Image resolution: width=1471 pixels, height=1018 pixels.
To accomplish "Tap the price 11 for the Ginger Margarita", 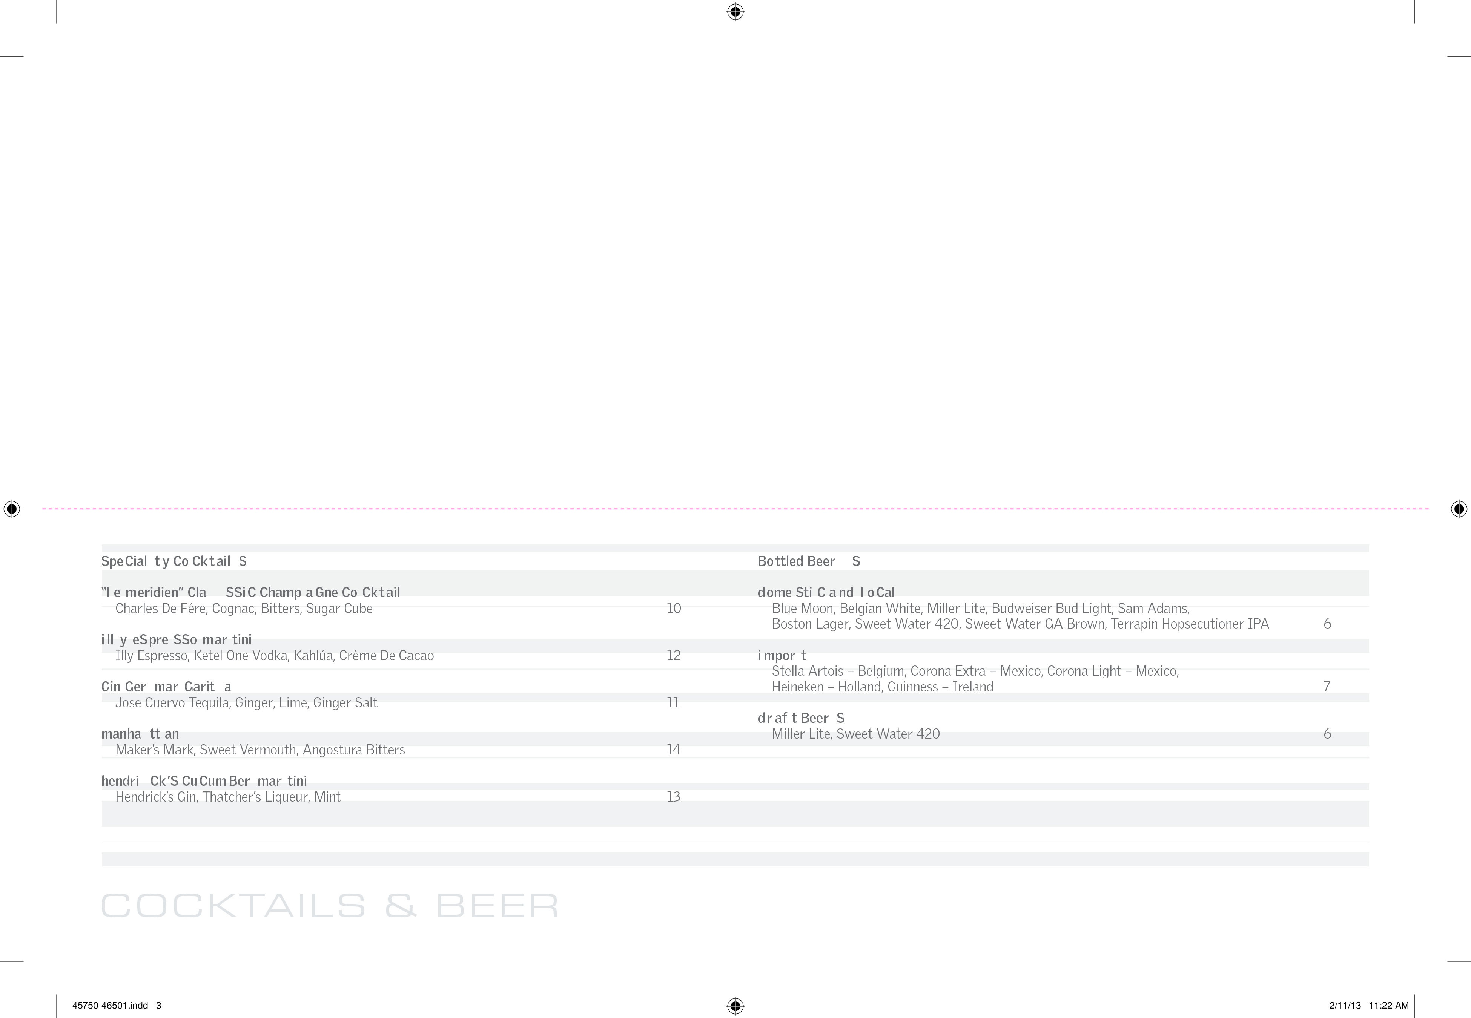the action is click(673, 703).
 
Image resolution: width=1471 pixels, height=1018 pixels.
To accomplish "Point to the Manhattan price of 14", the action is click(674, 750).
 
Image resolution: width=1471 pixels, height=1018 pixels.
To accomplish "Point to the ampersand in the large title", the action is click(401, 906).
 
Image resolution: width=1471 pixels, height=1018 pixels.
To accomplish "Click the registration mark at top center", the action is click(735, 11).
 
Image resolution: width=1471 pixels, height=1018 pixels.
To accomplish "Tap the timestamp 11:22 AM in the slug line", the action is click(1389, 1005).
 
